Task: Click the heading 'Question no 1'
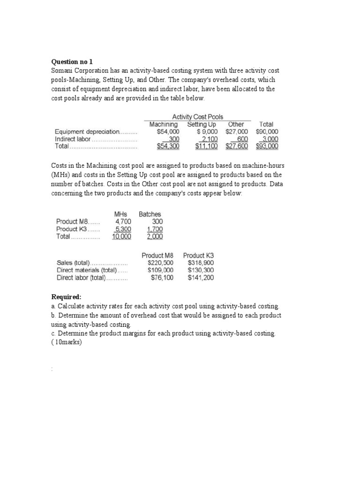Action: point(72,61)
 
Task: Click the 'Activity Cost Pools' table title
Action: point(197,117)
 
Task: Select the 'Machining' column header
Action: point(164,124)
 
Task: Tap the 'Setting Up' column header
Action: point(202,124)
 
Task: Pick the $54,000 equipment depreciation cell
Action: point(168,132)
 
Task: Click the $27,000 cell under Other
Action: point(237,132)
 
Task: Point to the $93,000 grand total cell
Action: point(267,146)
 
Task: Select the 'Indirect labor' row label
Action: point(73,139)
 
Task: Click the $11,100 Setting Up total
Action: point(206,146)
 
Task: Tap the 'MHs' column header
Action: point(120,214)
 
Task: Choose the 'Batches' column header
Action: point(150,214)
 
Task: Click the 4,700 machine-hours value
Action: point(123,222)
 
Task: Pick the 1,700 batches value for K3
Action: point(155,229)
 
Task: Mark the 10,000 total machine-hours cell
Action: point(121,237)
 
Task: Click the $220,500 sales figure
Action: point(160,263)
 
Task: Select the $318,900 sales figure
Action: point(201,263)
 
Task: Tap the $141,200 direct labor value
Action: point(201,277)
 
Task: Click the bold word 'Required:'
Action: point(66,297)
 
